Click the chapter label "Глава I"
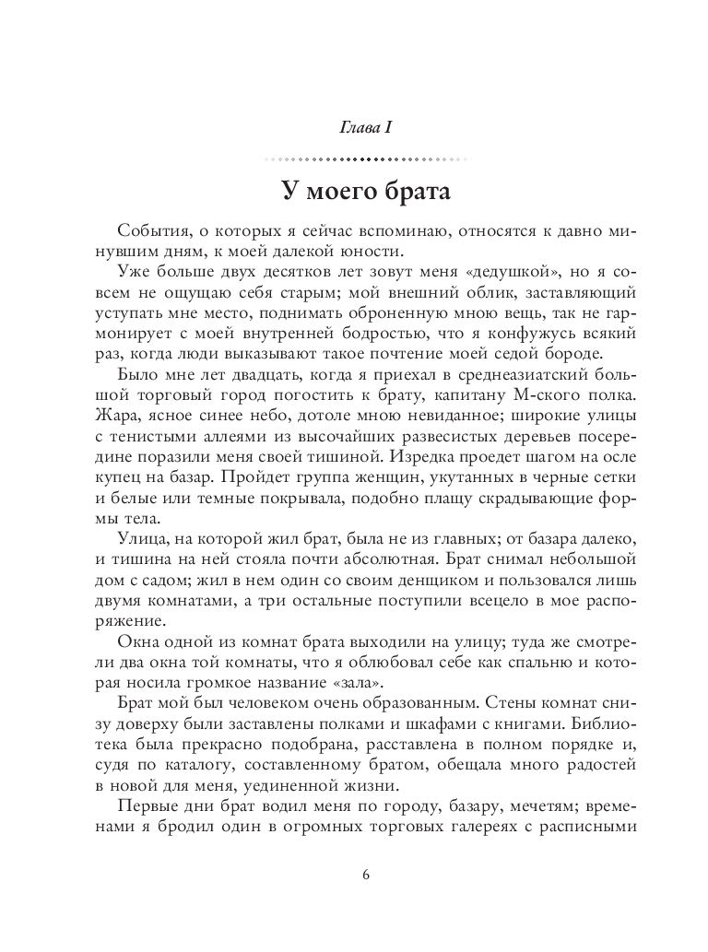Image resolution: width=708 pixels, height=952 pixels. [354, 125]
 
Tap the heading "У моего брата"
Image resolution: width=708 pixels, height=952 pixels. [353, 194]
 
